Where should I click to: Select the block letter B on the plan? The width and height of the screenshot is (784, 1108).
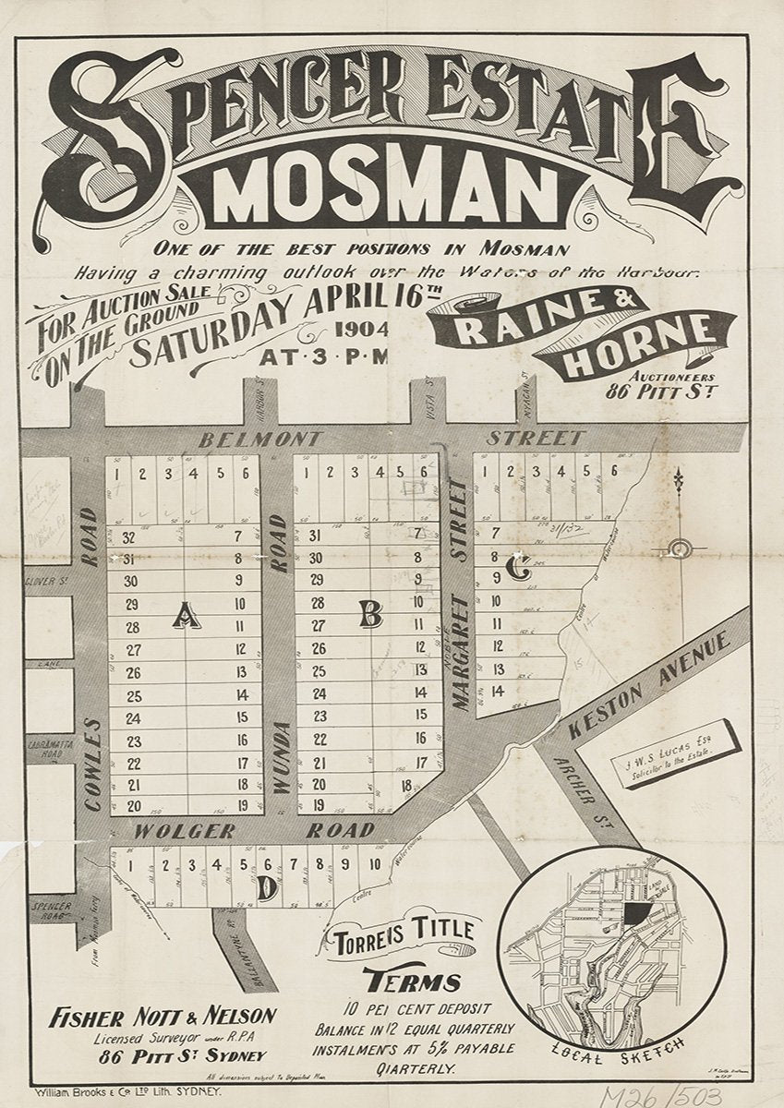370,613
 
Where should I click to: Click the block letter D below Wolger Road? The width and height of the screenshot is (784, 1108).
266,889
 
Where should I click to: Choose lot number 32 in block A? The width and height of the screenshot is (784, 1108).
128,537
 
